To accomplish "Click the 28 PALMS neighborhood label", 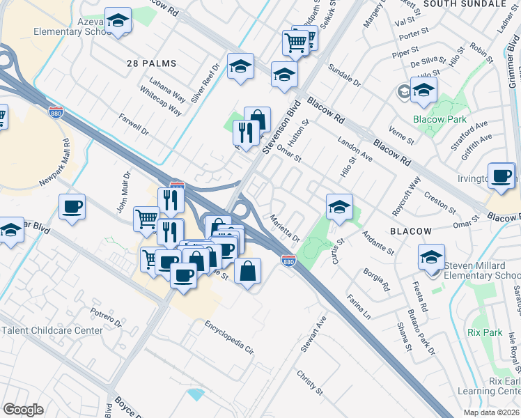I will (151, 63).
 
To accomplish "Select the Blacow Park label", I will (440, 120).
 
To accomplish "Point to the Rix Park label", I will (485, 333).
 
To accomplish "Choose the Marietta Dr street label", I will (286, 228).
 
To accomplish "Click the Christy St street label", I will (310, 382).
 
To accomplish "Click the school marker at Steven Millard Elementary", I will (432, 256).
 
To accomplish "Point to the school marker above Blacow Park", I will (423, 89).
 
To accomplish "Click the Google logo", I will (23, 410).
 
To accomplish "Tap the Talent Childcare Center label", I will (52, 330).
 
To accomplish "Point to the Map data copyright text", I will (490, 412).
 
